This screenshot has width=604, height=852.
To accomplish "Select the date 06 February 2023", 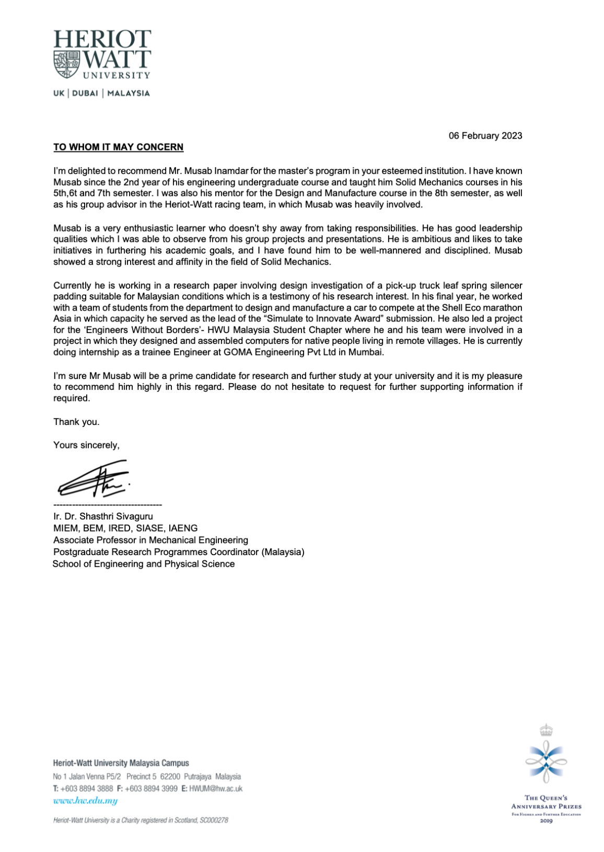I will pos(485,136).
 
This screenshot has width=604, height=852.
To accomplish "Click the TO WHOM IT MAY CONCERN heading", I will pos(118,147).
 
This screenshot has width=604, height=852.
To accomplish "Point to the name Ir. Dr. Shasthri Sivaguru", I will pos(103,516).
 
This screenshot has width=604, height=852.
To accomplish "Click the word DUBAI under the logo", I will pos(85,94).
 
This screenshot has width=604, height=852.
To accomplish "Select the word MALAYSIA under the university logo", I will pos(129,94).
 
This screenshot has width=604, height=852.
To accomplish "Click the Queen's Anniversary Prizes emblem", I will pos(546,757).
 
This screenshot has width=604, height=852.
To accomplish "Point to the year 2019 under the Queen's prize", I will pos(546,821).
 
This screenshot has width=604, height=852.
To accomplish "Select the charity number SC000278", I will pos(214,820).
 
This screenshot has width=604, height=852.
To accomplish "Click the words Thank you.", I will pos(76,422).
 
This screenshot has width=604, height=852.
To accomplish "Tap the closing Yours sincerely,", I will pos(86,445).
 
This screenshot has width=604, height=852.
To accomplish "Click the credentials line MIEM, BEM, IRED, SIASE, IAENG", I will pos(125,528).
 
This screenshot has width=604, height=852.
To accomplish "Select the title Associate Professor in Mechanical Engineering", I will pos(150,540).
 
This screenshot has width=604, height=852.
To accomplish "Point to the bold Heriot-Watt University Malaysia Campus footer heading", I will pos(121,763).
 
